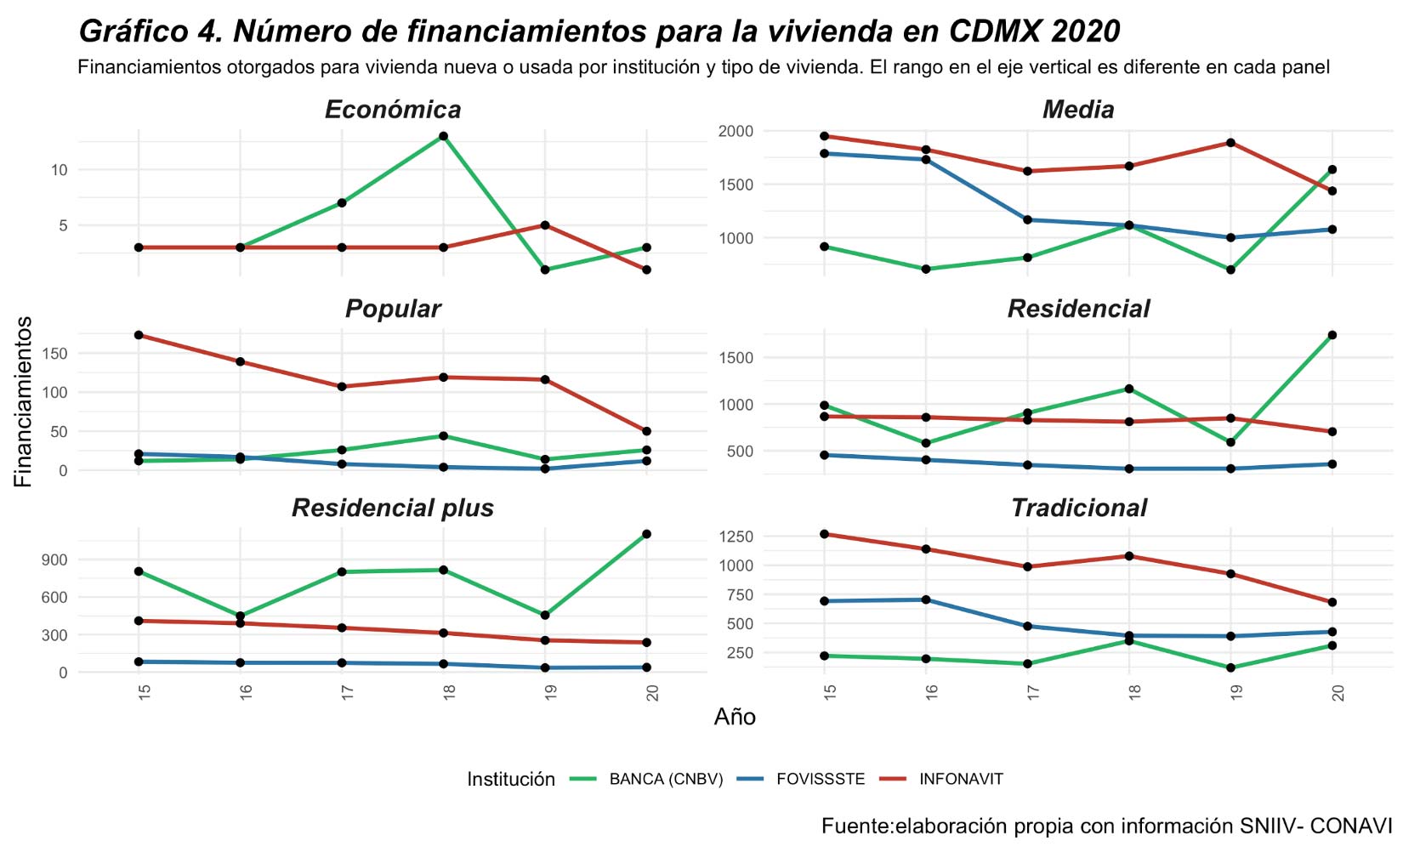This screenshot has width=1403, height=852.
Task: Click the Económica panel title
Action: click(x=392, y=110)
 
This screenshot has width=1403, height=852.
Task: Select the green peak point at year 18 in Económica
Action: click(x=443, y=136)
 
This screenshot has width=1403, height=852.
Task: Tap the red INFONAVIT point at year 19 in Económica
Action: click(x=545, y=225)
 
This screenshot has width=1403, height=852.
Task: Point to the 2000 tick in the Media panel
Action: click(x=736, y=131)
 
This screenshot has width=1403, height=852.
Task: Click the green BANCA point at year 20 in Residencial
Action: click(x=1332, y=335)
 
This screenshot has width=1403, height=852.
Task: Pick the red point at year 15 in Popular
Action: click(x=139, y=335)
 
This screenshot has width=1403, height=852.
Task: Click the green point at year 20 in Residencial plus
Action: click(x=646, y=534)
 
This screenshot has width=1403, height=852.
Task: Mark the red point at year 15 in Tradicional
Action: click(x=824, y=534)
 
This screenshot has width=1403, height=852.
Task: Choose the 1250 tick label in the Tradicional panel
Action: click(x=736, y=537)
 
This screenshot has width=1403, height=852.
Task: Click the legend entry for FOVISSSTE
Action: click(x=820, y=779)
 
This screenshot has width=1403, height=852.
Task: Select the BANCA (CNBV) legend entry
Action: click(x=665, y=779)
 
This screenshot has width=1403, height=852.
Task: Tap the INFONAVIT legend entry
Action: click(x=961, y=779)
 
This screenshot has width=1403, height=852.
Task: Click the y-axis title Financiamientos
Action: click(x=23, y=401)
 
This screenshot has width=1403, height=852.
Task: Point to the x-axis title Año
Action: click(x=735, y=717)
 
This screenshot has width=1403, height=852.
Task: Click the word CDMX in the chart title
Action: click(x=995, y=31)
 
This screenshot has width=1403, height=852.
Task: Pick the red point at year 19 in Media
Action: click(x=1230, y=143)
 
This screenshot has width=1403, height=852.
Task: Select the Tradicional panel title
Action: click(x=1078, y=508)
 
